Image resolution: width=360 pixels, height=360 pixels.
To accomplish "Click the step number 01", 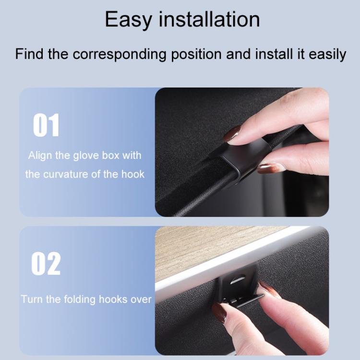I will (46, 126).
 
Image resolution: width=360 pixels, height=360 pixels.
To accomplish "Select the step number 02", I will (46, 264).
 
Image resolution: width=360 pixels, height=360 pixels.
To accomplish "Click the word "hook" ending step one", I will (133, 174).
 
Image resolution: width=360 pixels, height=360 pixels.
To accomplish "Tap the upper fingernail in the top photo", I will (233, 133).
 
